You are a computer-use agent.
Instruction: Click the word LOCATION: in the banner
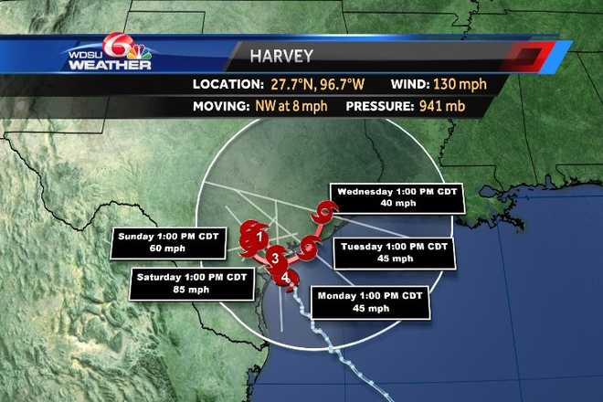point(225,84)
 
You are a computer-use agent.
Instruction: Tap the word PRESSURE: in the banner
point(378,105)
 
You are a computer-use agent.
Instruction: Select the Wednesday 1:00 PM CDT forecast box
point(397,196)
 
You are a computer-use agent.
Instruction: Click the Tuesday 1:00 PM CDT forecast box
point(393,252)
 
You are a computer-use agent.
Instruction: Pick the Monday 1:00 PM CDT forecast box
point(370,301)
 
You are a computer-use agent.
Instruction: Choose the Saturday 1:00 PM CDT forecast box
point(192,282)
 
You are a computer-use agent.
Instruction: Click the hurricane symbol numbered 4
point(286,278)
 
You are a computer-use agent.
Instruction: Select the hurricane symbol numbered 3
point(274,259)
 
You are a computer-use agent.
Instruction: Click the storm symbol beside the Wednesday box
point(320,217)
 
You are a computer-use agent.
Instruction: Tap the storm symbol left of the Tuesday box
point(310,244)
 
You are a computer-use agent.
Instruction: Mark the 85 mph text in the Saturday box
point(192,290)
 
